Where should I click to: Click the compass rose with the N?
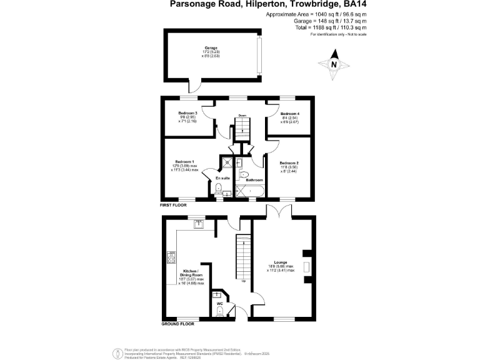[x=333, y=65]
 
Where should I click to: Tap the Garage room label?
[x=210, y=47]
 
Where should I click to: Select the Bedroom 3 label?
[x=184, y=114]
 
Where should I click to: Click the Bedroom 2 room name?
[x=289, y=163]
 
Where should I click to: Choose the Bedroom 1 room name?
[x=184, y=161]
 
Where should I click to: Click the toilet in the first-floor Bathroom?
[x=244, y=174]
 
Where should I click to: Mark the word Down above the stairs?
[x=242, y=116]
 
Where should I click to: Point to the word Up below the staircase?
[x=243, y=280]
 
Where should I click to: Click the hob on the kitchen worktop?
[x=171, y=255]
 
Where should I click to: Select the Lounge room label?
[x=280, y=262]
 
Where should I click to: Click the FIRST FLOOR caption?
[x=174, y=204]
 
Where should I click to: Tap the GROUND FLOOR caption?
[x=177, y=324]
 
